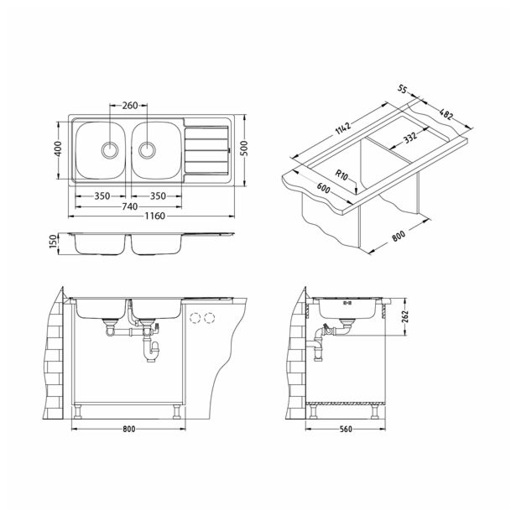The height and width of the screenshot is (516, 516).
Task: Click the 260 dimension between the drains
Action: pos(130,107)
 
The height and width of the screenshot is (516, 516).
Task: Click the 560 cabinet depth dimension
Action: pos(346,430)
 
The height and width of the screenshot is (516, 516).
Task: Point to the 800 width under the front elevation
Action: pos(128,430)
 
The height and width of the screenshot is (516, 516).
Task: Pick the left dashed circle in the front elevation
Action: pos(195,319)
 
